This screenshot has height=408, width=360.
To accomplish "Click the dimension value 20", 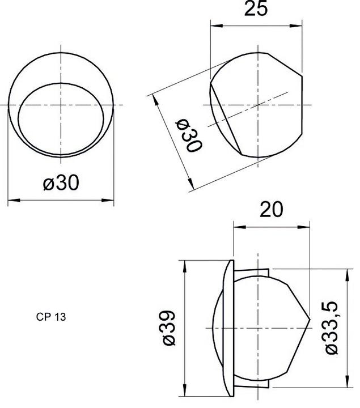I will pos(272,209).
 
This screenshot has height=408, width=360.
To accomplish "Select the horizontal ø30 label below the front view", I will pos(61,182).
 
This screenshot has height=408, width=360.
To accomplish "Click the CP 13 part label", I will pos(51,317).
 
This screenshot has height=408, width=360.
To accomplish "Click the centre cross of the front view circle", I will pos(61,105).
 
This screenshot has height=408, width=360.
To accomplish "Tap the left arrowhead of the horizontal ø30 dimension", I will pos(11,199).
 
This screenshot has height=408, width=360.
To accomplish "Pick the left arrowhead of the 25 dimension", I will pos(214,24).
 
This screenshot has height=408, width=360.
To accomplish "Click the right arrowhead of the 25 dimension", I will pos(299,24).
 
